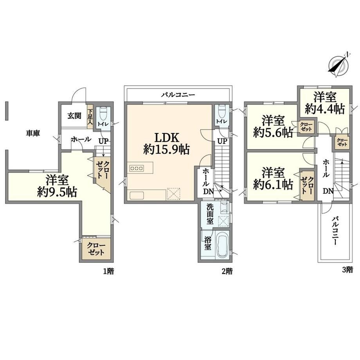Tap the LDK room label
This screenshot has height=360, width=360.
click(167, 138)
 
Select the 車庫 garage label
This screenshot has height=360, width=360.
click(33, 133)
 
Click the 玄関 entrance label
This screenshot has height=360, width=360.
click(74, 115)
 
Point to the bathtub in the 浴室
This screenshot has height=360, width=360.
click(222, 245)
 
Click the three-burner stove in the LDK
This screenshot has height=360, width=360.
click(137, 168)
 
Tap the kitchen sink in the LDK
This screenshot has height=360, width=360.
click(137, 195)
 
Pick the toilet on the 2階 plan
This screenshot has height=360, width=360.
click(221, 111)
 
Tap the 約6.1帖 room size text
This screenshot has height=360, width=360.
click(273, 185)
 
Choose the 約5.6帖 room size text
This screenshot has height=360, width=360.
click(273, 132)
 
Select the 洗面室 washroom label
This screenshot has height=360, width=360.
click(210, 214)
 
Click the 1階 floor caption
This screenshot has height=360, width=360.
click(108, 272)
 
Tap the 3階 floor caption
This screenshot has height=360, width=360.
click(347, 270)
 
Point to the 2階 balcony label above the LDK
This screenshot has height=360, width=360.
click(178, 95)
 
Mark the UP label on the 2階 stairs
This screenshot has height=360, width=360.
click(222, 141)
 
